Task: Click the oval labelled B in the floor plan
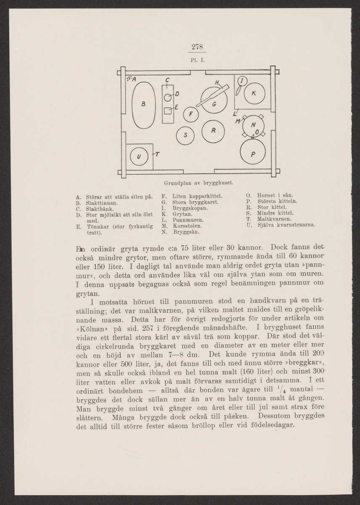tap(144, 104)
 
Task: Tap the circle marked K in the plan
tap(254, 94)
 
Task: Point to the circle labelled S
tap(186, 135)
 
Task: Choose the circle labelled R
tap(213, 131)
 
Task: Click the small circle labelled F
tap(191, 114)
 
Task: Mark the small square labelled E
tap(167, 111)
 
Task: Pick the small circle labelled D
tap(168, 98)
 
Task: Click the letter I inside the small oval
tap(242, 80)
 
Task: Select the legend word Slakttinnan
tap(101, 203)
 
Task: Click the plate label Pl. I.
tap(197, 60)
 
